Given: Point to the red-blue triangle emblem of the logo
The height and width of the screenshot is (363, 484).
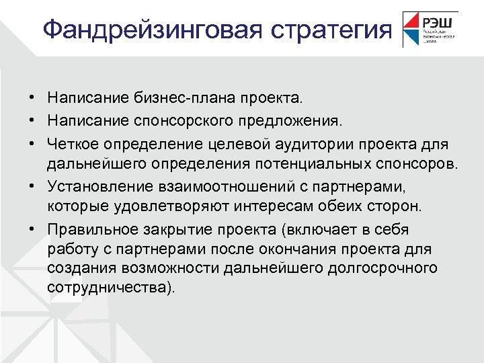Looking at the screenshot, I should [x=410, y=29].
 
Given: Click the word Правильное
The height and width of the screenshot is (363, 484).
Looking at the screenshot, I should [x=89, y=230].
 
